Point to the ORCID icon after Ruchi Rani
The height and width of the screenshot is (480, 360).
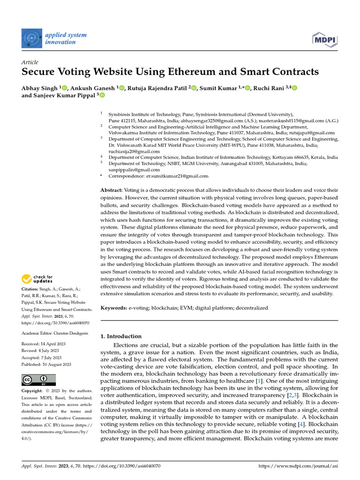pyautogui.click(x=282, y=88)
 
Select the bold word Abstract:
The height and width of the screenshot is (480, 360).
pyautogui.click(x=112, y=190)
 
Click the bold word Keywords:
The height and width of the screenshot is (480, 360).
pyautogui.click(x=114, y=308)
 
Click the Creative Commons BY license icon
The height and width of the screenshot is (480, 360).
pyautogui.click(x=39, y=380)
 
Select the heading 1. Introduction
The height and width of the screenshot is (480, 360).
pyautogui.click(x=121, y=336)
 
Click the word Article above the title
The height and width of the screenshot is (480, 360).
pyautogui.click(x=30, y=62)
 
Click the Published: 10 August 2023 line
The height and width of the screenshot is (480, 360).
pyautogui.click(x=46, y=364)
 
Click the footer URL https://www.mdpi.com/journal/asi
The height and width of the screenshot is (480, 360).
pyautogui.click(x=298, y=466)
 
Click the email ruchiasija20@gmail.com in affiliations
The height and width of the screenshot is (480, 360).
pyautogui.click(x=134, y=151)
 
